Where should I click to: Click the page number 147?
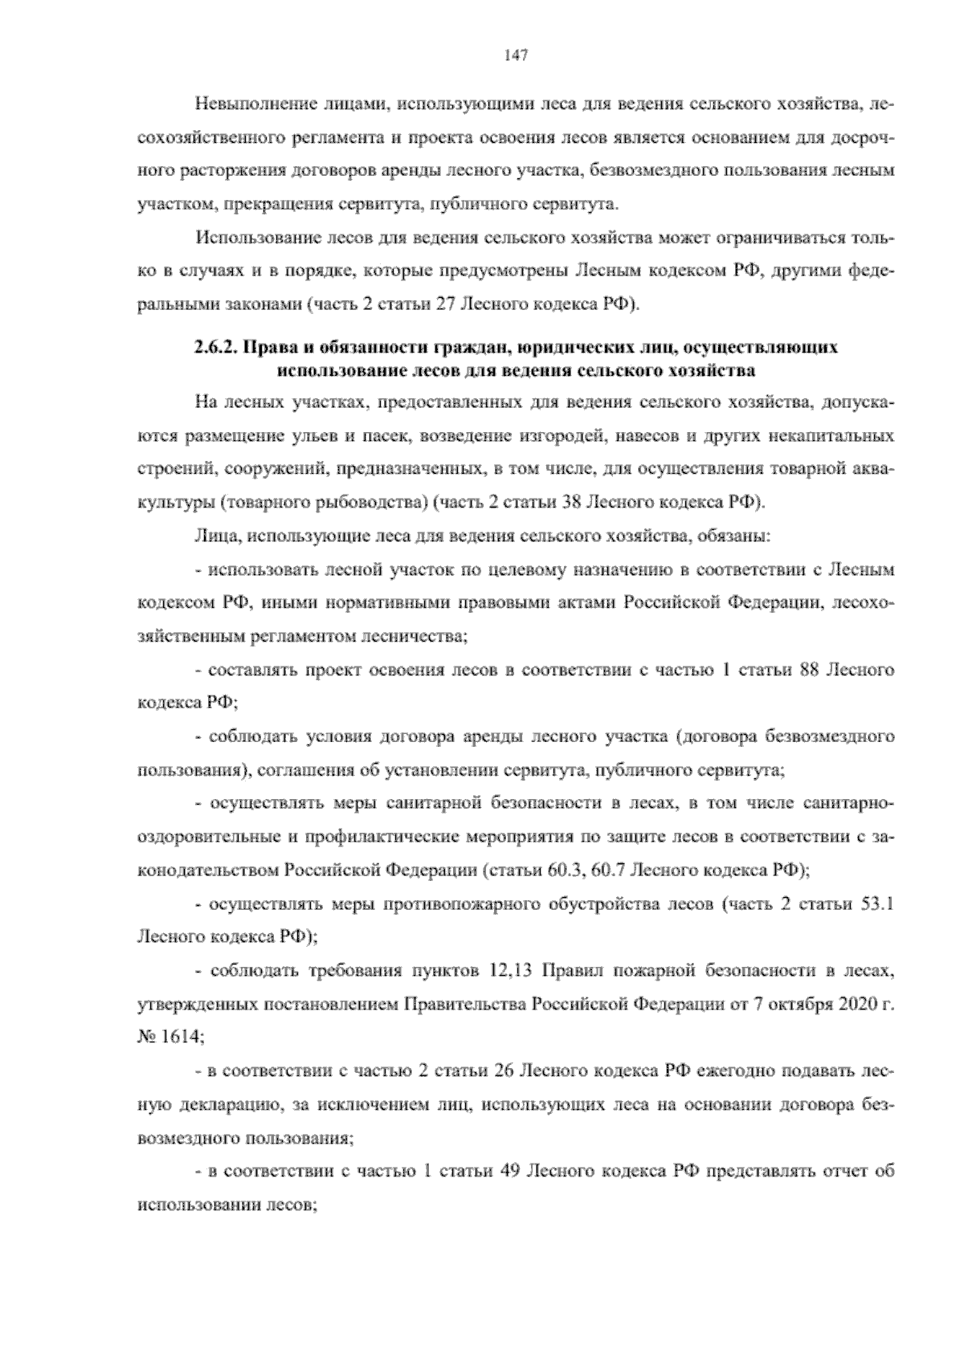pyautogui.click(x=515, y=55)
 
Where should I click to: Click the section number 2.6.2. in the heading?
pyautogui.click(x=217, y=348)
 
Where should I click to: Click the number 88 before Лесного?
pyautogui.click(x=804, y=669)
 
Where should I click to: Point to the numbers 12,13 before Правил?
pyautogui.click(x=510, y=971)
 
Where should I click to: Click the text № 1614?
pyautogui.click(x=173, y=1036)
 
